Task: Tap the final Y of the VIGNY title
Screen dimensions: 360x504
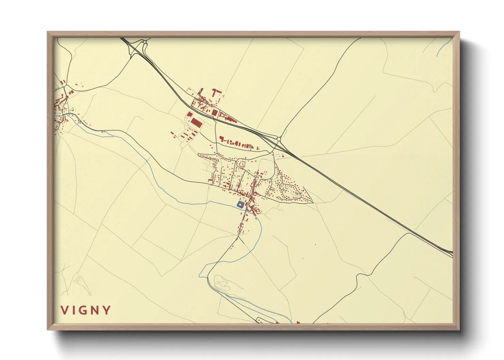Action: tap(107, 310)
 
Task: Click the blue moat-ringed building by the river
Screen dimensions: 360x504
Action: tap(241, 204)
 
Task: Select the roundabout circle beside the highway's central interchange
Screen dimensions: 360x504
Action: tap(279, 139)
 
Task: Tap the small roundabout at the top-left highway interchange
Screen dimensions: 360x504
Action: tap(145, 42)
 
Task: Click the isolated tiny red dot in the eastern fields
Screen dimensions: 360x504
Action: tap(315, 244)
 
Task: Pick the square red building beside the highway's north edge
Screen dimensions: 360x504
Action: tap(214, 112)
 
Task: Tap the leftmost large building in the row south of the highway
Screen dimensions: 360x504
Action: tap(222, 139)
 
